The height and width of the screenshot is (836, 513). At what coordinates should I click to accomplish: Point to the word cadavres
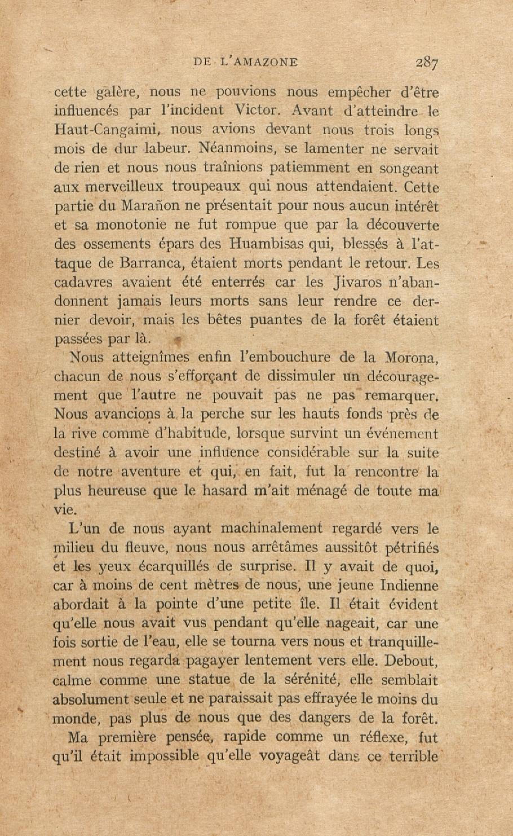click(x=83, y=283)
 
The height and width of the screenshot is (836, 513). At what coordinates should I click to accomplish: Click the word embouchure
click(x=278, y=358)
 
